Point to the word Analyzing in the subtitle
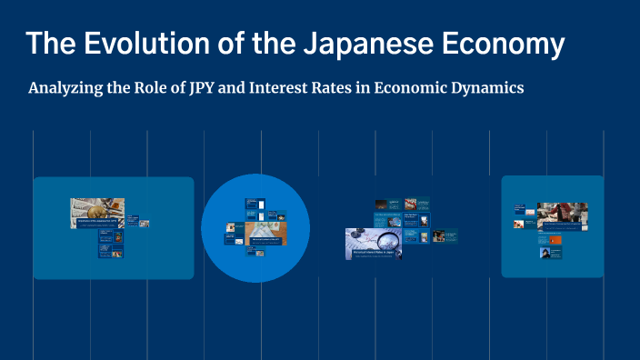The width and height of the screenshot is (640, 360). (66, 89)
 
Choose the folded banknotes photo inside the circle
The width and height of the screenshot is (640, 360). (266, 231)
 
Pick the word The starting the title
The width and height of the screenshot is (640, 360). (45, 44)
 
